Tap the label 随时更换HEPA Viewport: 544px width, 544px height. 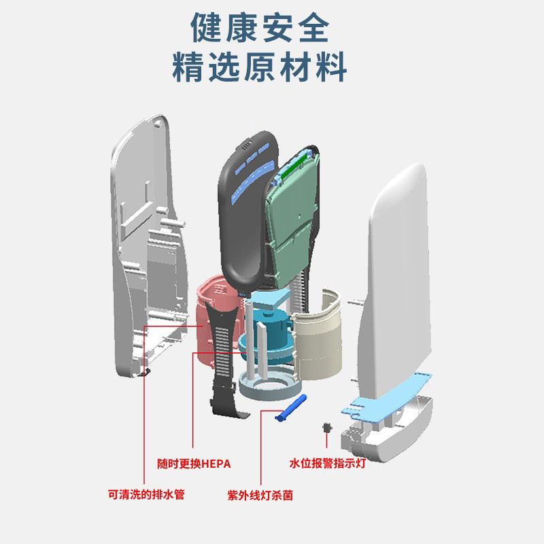point(194,464)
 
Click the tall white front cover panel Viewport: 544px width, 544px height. point(398,272)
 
